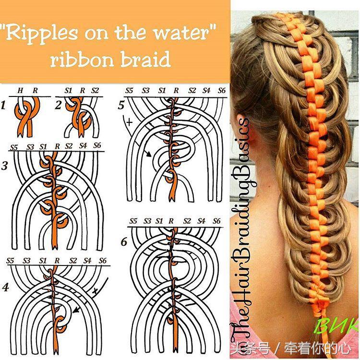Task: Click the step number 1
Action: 3,106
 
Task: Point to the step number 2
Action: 58,105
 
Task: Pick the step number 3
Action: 5,166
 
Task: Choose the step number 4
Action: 5,287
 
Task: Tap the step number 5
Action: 121,106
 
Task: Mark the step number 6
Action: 124,242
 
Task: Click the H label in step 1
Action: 20,90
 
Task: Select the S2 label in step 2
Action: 95,90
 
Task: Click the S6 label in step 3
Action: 97,145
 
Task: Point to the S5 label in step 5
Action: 129,90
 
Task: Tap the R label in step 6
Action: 171,221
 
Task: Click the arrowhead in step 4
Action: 75,311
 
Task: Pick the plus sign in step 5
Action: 130,122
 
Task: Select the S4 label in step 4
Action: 87,260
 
